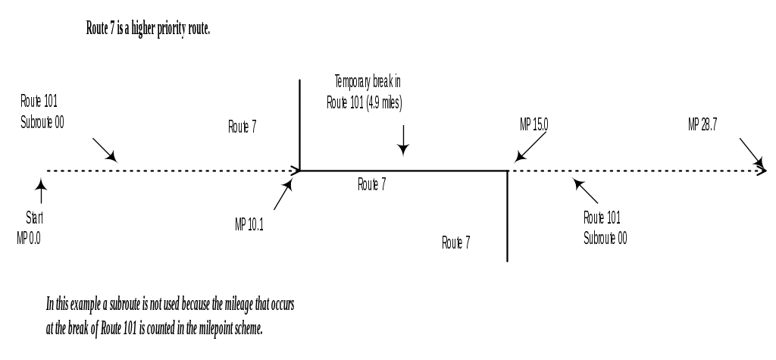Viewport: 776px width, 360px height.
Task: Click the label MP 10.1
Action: tap(249, 224)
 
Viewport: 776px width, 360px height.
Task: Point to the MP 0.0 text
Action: tap(29, 238)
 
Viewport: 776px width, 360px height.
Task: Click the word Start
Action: tap(35, 218)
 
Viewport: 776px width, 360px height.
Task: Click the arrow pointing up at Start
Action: tap(40, 190)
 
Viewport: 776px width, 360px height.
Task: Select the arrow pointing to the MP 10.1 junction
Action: tap(283, 196)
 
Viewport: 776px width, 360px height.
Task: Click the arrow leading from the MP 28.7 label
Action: tap(751, 152)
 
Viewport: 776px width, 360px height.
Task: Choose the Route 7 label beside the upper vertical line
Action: tap(242, 127)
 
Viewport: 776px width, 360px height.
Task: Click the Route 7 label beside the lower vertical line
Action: tap(456, 243)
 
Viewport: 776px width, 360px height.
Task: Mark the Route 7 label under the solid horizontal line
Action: tap(372, 184)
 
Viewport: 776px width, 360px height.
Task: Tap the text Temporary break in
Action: tap(367, 81)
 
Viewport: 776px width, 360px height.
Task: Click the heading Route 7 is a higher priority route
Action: tap(149, 30)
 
